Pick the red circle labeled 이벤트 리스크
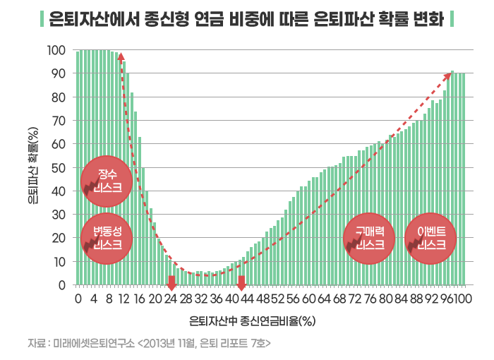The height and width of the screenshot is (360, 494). click(x=431, y=238)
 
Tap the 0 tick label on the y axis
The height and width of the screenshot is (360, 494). click(x=63, y=285)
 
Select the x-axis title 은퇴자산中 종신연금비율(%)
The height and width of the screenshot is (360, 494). click(x=251, y=320)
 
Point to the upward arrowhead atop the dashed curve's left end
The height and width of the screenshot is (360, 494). click(x=121, y=56)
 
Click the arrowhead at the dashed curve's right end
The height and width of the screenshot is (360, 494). click(x=452, y=73)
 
